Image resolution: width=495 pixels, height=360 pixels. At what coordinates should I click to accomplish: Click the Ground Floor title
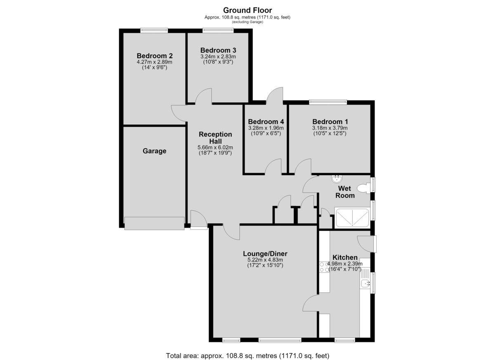[247, 10]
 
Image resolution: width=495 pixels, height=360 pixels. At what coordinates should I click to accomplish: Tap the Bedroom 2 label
[154, 56]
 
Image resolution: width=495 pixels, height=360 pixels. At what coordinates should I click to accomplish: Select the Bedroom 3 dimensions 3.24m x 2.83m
[218, 56]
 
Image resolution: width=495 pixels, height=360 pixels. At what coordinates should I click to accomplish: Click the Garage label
[154, 151]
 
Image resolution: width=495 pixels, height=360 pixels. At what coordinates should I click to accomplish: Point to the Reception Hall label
[215, 138]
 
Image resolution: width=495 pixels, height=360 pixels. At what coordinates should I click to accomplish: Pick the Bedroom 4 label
[266, 122]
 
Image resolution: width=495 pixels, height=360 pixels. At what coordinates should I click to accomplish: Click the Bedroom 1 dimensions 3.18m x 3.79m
[330, 128]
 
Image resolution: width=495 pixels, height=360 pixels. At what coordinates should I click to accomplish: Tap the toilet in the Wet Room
[364, 188]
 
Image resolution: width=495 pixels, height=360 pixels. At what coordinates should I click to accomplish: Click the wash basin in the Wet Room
[337, 179]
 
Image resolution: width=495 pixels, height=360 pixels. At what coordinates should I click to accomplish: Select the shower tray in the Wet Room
[352, 218]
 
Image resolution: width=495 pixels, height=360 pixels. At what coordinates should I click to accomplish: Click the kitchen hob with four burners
[324, 267]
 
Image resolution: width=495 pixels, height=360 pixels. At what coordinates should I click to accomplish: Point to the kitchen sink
[365, 283]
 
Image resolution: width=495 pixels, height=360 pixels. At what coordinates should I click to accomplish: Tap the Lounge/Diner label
[265, 254]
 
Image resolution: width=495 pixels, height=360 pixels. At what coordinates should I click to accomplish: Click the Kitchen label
[345, 257]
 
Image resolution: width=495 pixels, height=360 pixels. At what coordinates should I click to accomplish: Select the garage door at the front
[154, 223]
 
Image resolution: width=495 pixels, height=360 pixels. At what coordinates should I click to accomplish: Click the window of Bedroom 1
[328, 102]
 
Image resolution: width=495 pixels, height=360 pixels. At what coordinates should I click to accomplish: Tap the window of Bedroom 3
[218, 30]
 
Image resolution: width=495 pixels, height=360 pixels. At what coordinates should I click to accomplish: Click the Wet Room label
[345, 192]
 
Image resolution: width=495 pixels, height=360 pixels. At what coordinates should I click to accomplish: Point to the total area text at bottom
[247, 350]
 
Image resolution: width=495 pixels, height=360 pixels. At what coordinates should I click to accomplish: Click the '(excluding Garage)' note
[247, 22]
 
